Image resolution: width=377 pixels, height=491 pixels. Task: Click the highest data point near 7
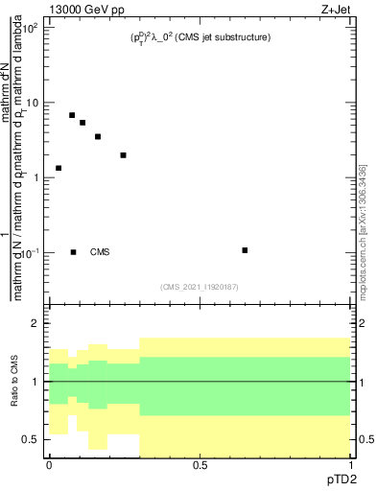72,115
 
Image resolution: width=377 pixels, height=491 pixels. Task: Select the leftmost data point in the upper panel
59,168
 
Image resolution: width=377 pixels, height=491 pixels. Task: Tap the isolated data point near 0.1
246,250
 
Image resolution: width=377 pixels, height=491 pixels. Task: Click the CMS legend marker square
74,252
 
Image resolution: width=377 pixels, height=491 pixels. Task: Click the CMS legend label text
100,252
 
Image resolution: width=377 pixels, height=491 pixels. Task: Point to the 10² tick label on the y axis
31,28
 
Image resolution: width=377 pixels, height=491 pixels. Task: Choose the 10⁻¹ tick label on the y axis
31,252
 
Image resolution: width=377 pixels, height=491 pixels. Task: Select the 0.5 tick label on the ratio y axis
32,439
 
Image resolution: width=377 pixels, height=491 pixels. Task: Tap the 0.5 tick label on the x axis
200,464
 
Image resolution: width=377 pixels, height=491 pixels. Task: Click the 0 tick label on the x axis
49,464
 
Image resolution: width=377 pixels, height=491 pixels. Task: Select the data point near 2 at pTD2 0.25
124,154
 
